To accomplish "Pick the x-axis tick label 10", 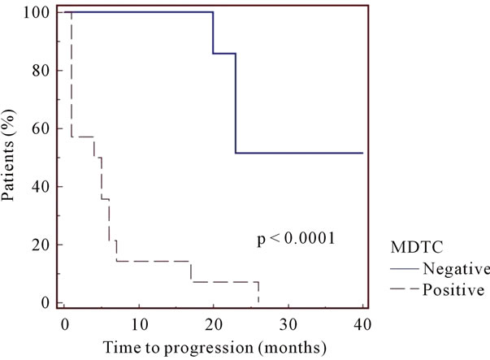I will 139,324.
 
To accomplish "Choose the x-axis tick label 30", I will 288,324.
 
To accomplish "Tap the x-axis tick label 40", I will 362,324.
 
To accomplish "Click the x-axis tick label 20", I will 214,324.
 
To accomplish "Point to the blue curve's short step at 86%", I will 224,54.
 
